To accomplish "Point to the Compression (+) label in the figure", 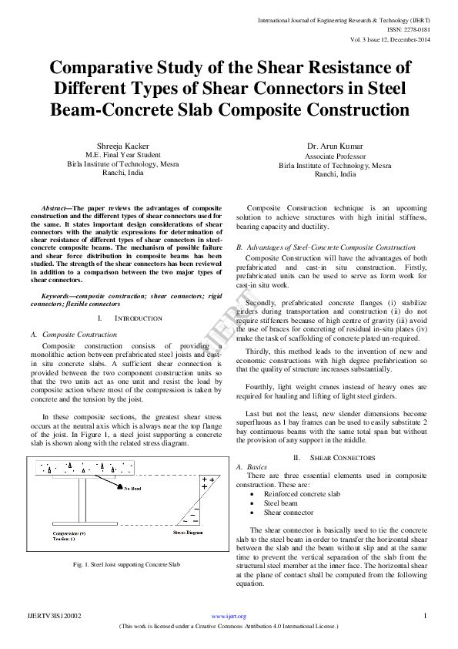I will (69, 532).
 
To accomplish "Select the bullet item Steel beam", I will (281, 502).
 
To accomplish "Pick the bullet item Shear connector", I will (289, 512).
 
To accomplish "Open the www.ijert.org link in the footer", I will (229, 616).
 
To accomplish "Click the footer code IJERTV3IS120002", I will (54, 616).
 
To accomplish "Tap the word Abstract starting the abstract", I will (56, 208).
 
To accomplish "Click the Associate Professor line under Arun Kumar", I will (335, 155).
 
